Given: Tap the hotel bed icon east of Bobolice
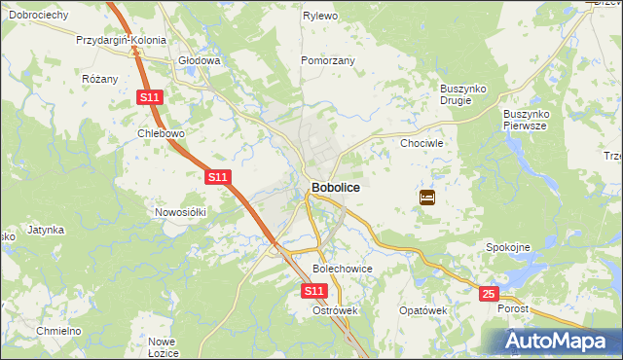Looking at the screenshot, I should click(427, 198).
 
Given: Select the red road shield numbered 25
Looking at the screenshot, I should click(489, 293).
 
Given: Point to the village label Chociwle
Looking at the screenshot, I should click(422, 143).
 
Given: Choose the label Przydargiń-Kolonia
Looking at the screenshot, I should click(122, 42).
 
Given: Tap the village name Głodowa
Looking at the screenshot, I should click(200, 60).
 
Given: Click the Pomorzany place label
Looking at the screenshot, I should click(328, 60).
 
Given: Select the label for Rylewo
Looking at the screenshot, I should click(319, 17).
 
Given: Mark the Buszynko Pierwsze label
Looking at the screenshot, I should click(527, 120).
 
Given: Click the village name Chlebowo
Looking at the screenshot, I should click(162, 133).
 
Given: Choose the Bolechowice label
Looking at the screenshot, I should click(342, 268).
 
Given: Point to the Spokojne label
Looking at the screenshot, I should click(508, 247).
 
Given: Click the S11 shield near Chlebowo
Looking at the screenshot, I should click(149, 97).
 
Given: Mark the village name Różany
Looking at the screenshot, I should click(100, 79).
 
